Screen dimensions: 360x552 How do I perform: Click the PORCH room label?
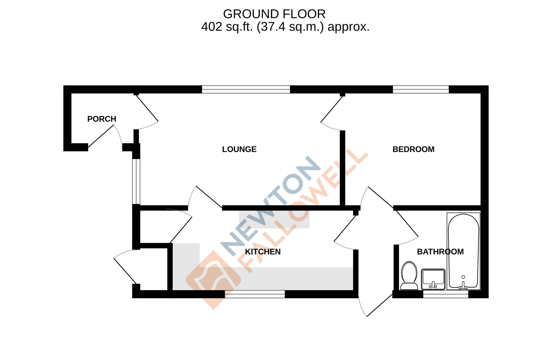coord(102,119)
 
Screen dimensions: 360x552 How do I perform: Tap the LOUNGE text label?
coord(239,149)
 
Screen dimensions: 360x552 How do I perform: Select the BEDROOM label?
coord(413,149)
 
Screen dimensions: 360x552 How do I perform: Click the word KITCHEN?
coord(263,252)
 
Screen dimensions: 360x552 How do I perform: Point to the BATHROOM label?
coord(440,252)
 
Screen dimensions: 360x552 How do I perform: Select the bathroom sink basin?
coord(433,279)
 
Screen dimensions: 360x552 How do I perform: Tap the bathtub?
coord(463,251)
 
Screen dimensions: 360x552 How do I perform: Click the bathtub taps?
coord(463,286)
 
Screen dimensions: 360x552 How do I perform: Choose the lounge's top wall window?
coord(246,89)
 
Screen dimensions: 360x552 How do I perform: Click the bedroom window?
coord(421,89)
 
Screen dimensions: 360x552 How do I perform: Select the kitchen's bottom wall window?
coord(255,294)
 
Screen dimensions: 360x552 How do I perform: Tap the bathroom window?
coord(445,294)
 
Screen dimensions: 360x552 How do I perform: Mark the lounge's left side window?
coord(136,181)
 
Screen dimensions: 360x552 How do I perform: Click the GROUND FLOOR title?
coord(274,14)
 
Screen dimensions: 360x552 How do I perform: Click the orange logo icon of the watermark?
coord(213,279)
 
